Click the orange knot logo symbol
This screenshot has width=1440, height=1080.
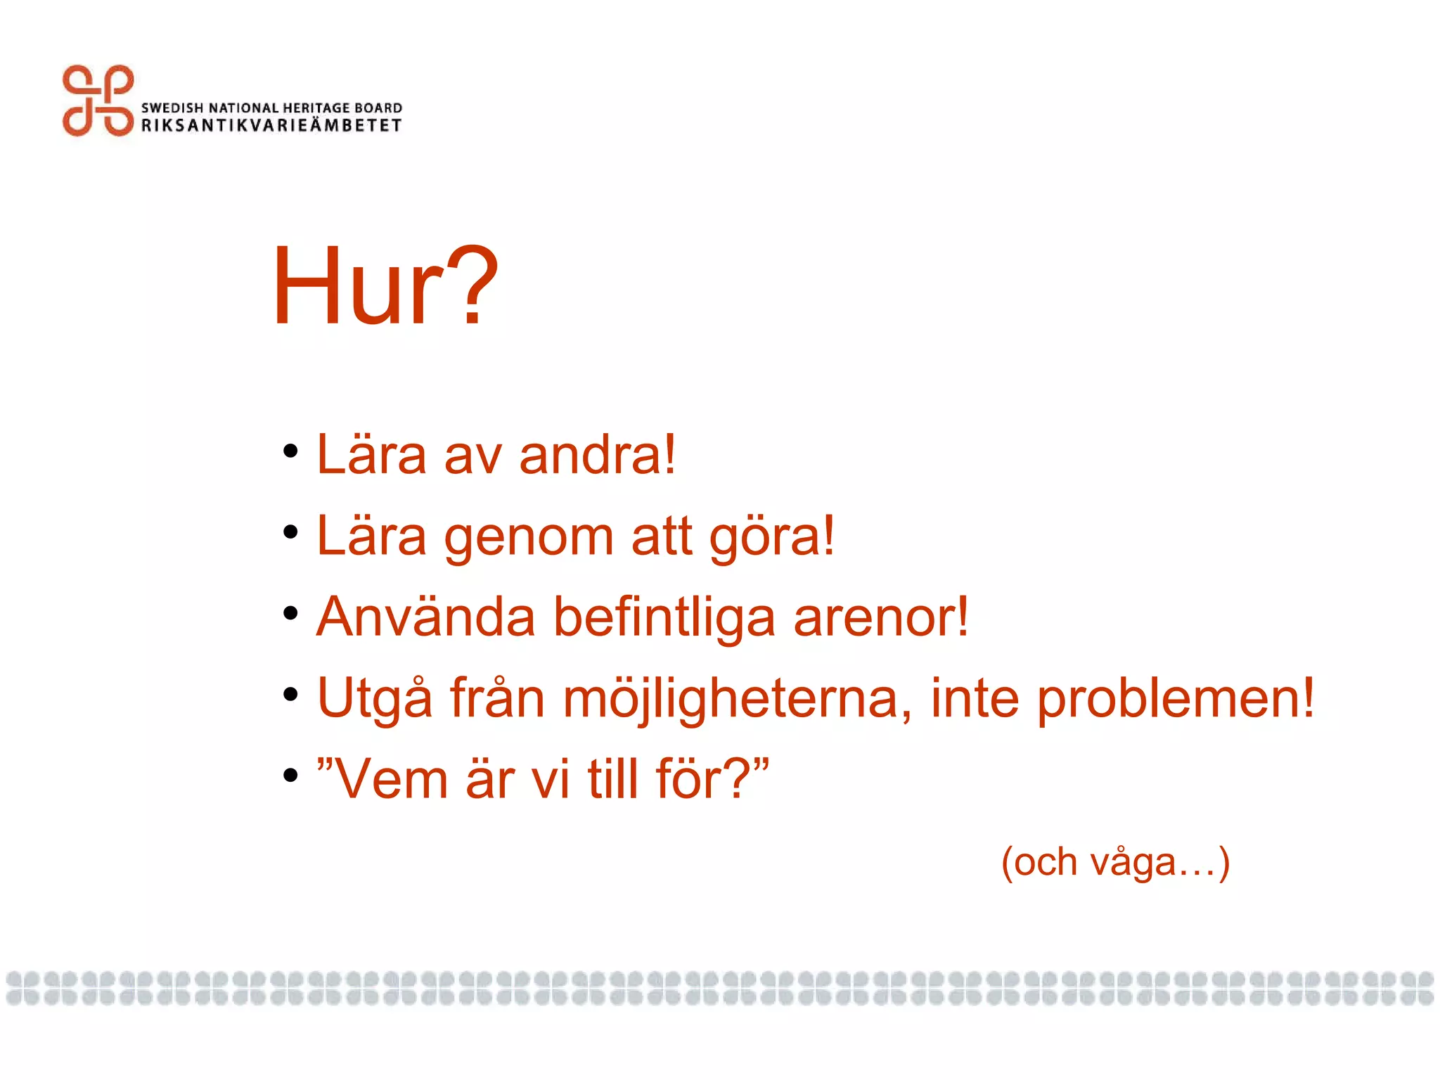[98, 101]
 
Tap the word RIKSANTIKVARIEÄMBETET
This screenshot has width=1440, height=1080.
[271, 126]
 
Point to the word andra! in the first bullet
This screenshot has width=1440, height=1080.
[598, 455]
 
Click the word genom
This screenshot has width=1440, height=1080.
[529, 537]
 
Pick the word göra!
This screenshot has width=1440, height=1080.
[771, 537]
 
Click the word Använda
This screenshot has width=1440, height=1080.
[425, 617]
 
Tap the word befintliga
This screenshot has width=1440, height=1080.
[664, 617]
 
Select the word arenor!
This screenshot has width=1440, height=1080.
[881, 617]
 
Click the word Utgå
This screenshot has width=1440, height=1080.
[374, 698]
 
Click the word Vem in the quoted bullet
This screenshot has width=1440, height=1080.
[391, 779]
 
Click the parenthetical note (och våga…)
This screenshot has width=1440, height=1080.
[1115, 862]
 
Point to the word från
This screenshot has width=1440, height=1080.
[497, 698]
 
